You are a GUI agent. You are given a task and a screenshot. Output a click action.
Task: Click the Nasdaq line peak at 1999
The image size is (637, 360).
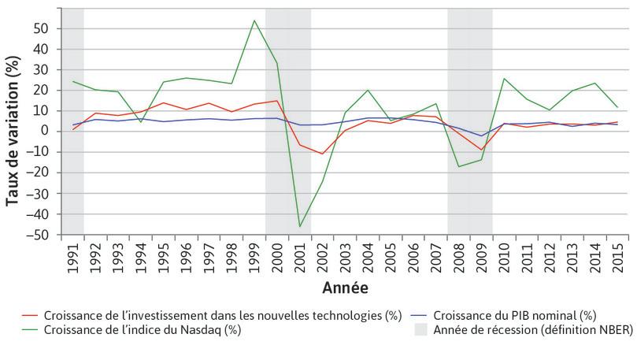[254, 20]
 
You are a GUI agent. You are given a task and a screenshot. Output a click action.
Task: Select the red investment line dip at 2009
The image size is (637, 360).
[482, 150]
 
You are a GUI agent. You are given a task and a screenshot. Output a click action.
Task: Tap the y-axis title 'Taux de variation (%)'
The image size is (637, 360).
[13, 132]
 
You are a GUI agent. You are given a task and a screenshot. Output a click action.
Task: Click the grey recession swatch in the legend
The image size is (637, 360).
[420, 330]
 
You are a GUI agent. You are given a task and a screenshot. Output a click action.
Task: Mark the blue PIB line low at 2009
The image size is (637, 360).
[482, 136]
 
